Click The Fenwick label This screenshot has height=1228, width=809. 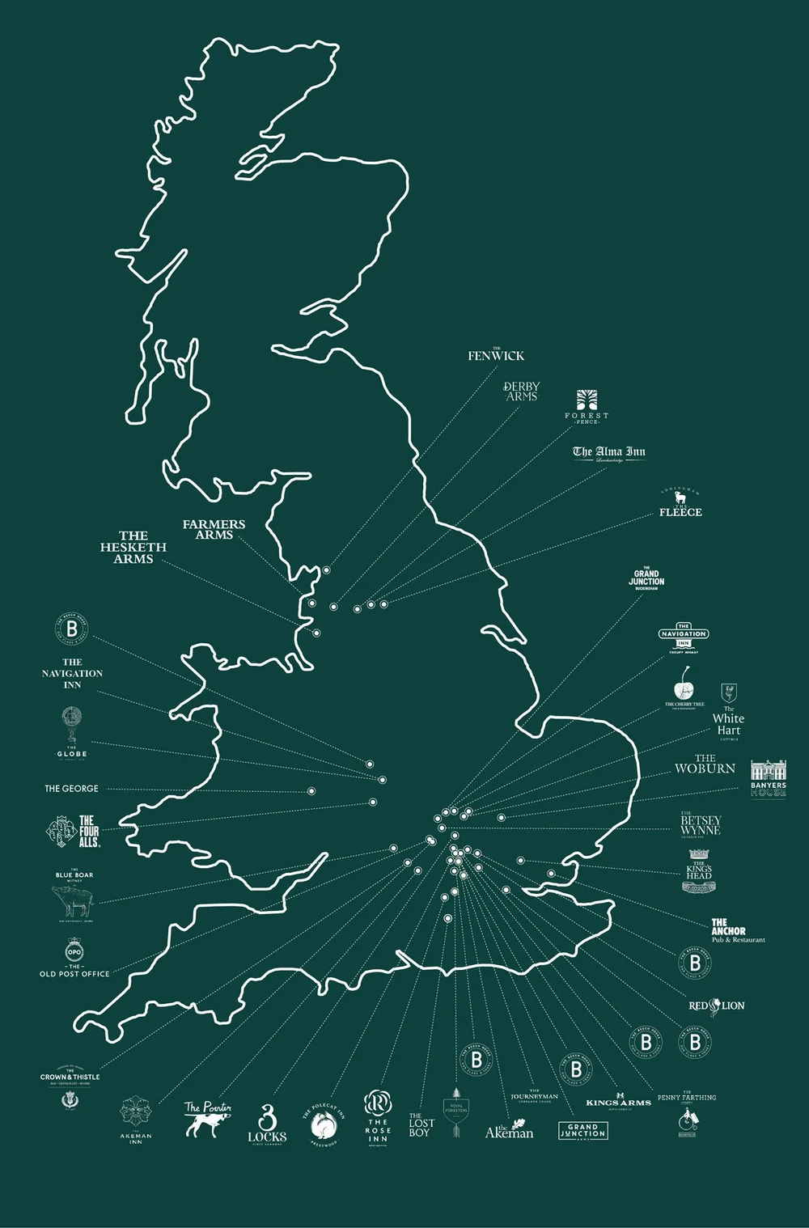pos(496,355)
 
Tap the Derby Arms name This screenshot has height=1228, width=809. pos(521,392)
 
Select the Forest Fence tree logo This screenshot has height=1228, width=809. pos(587,400)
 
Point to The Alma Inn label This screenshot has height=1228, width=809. pos(609,452)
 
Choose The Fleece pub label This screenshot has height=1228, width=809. pos(680,511)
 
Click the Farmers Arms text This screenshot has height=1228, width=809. pos(214,529)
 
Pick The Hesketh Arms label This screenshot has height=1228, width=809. pos(133,547)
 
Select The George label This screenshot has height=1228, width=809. pos(71,788)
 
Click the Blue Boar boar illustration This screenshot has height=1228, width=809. pos(72,900)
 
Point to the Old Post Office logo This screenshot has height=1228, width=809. pos(74,952)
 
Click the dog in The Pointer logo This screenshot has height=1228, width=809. pos(206,1124)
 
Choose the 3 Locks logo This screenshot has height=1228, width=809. pos(267,1124)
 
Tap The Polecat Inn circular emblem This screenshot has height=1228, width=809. pos(324,1124)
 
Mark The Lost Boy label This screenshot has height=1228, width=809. pos(421,1125)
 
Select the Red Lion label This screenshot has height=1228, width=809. pos(716,1006)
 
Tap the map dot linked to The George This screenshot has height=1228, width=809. pos(311,791)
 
